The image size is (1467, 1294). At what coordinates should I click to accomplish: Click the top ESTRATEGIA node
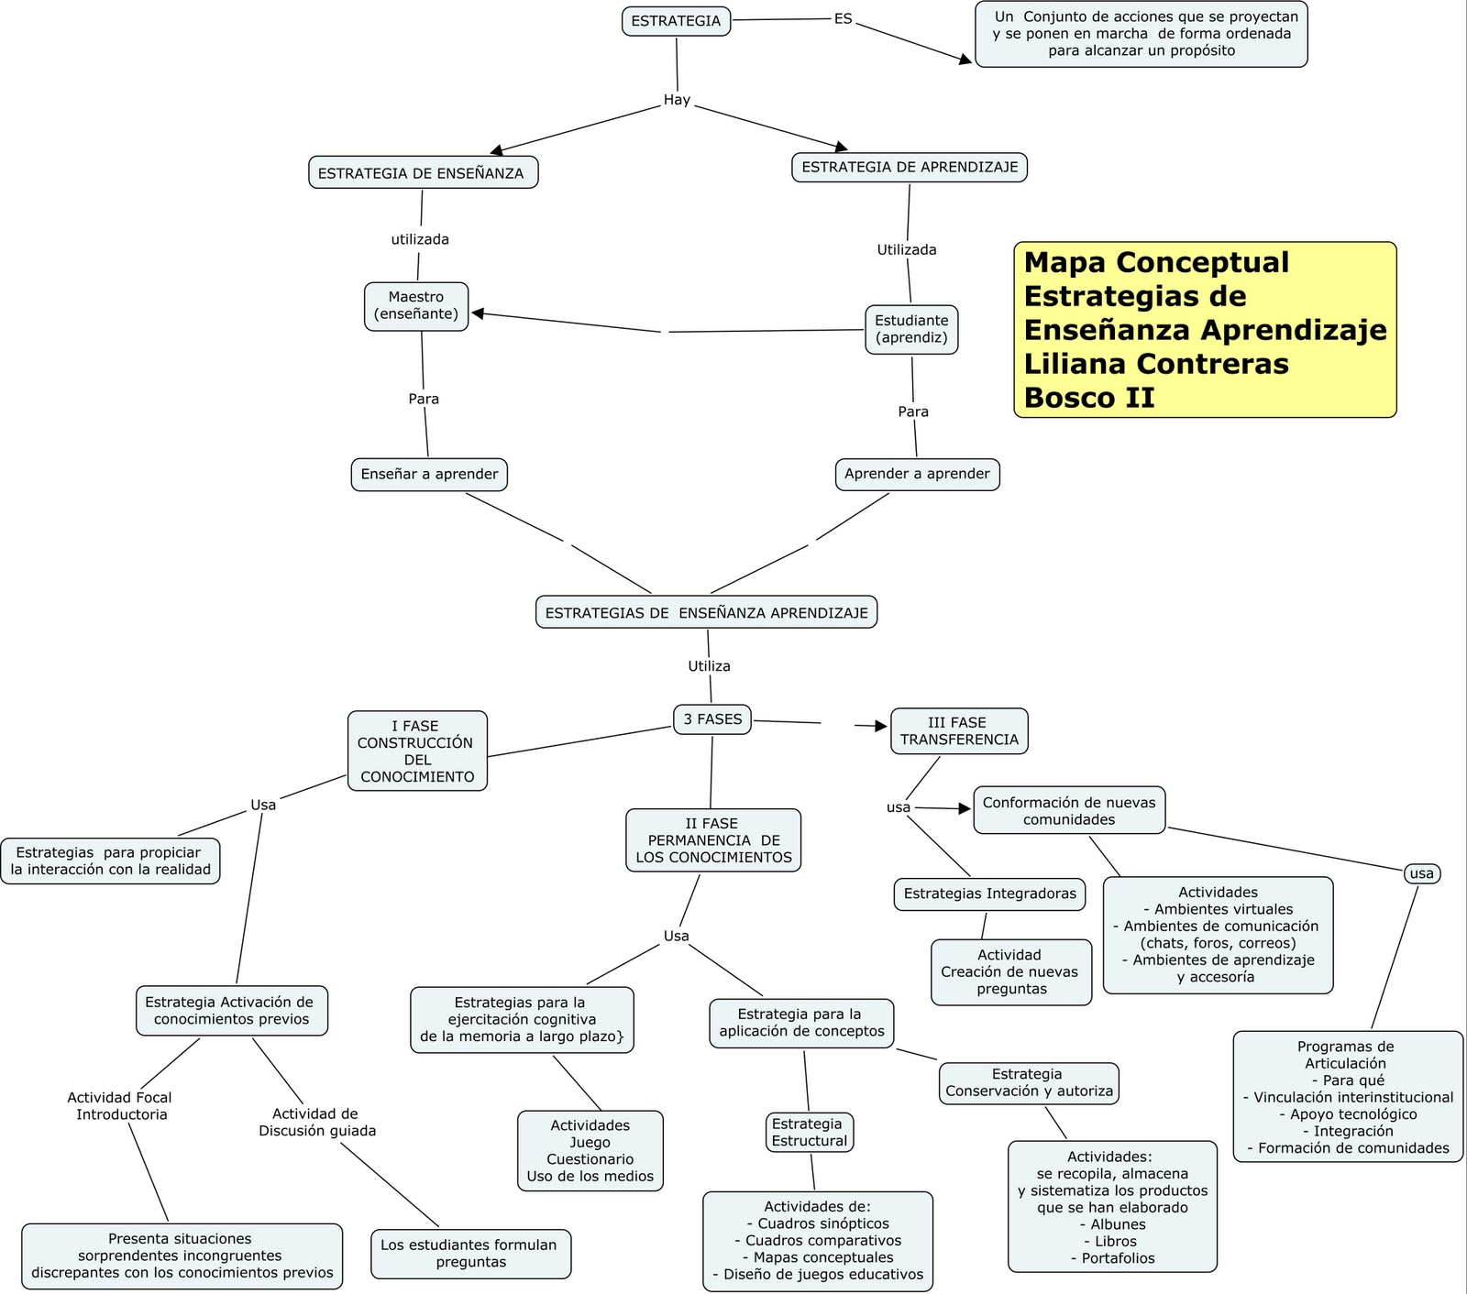coord(676,21)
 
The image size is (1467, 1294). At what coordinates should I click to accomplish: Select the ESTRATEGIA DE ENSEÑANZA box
coord(423,173)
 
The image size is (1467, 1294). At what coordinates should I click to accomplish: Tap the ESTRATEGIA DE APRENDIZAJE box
coord(909,167)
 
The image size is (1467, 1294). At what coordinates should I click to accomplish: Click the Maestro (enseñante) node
coord(416,306)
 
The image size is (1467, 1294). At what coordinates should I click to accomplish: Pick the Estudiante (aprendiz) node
coord(911,329)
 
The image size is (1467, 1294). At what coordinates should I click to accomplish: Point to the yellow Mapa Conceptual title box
coord(1204,330)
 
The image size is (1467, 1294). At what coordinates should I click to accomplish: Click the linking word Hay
coord(677,100)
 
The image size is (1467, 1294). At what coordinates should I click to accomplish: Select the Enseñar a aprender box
coord(429,475)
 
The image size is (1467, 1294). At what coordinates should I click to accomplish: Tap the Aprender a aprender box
coord(917,475)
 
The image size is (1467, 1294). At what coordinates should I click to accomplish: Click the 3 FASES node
coord(712,719)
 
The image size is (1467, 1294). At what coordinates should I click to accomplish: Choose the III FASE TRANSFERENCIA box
coord(959,731)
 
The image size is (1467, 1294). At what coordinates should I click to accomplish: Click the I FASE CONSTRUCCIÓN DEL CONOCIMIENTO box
coord(417,751)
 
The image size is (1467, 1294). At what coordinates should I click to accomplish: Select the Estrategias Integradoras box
coord(989,894)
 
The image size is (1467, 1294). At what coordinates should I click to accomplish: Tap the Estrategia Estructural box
coord(809,1132)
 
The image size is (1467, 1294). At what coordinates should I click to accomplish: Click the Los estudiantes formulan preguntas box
coord(470,1253)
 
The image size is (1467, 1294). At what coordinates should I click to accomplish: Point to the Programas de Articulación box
coord(1347,1096)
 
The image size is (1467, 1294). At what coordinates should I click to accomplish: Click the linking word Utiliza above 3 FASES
coord(709,666)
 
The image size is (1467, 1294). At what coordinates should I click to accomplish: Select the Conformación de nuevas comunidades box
coord(1069,810)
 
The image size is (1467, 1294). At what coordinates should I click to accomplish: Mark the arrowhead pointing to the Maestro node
coord(478,313)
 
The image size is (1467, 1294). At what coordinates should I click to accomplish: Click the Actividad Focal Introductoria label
coord(120,1106)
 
